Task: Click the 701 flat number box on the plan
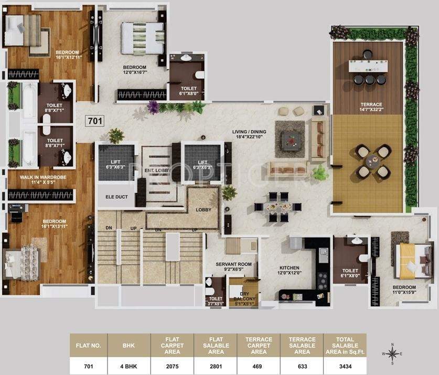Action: [94, 121]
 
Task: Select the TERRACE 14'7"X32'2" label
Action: [371, 107]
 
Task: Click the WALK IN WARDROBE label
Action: [44, 180]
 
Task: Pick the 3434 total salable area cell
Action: [345, 366]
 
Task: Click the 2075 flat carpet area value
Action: [173, 366]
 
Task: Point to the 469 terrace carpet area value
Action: [259, 366]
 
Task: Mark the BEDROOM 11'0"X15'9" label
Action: [404, 290]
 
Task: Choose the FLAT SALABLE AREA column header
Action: [216, 345]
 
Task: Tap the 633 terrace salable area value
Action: [302, 366]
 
